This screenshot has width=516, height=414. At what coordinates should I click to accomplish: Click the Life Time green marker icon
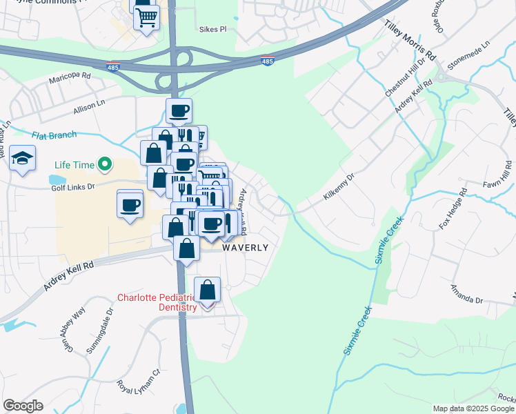tap(105, 164)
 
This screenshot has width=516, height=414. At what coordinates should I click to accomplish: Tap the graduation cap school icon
tap(23, 158)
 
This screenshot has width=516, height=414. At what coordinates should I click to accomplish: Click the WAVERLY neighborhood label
tap(245, 247)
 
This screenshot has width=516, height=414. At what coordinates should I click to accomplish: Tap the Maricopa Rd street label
tap(70, 80)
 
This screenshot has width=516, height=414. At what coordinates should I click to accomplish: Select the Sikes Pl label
tap(212, 30)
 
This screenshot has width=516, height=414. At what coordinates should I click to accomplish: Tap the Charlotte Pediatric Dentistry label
tap(157, 302)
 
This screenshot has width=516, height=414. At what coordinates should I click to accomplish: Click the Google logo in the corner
tap(23, 406)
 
